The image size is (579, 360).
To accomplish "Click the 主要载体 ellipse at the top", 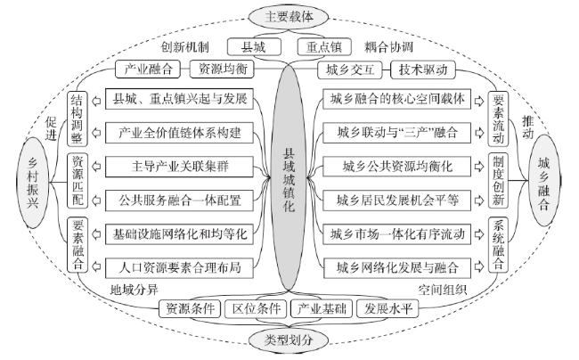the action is [288, 17].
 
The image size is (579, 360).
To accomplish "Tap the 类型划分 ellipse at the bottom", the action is [288, 340].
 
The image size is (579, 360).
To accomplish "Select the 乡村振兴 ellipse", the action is [33, 183].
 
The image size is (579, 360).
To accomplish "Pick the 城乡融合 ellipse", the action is [544, 181].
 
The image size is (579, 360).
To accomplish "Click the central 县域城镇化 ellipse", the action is [289, 176].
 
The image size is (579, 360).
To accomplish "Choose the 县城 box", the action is [254, 47].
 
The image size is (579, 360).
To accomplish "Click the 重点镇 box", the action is [324, 47].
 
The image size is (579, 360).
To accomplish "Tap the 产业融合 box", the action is [148, 69].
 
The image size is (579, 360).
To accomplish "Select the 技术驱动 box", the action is [423, 70].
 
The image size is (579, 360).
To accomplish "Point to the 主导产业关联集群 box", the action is [179, 167].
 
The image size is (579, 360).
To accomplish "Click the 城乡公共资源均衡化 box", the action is [397, 167].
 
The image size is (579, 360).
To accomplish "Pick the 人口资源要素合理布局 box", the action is [179, 267].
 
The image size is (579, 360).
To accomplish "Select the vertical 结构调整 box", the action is [77, 119].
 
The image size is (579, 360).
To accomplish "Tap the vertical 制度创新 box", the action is [498, 180].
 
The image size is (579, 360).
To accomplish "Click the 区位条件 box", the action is [257, 308].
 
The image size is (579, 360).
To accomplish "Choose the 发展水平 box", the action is [387, 308].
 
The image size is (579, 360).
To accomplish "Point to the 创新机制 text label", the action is [184, 47].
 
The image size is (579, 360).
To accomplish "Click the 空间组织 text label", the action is [442, 290].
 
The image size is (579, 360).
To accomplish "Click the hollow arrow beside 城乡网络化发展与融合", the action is [479, 266].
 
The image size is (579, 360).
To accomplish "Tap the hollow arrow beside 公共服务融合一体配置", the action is [96, 200].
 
